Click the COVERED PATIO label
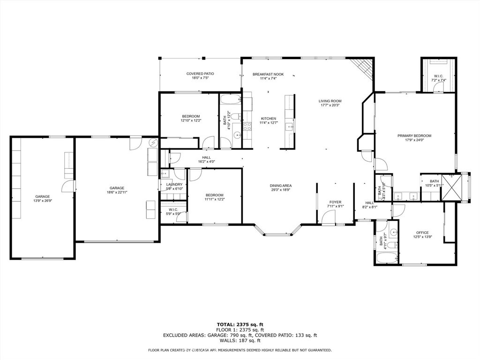(200, 74)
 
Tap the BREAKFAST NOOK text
(268, 74)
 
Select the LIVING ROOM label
(330, 101)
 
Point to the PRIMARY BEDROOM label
(414, 135)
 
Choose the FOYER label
(335, 202)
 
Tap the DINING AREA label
(281, 186)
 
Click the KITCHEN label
(269, 119)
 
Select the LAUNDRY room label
(174, 184)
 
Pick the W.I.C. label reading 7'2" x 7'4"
(439, 80)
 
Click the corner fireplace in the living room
(364, 68)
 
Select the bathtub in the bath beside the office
(387, 258)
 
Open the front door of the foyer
(329, 217)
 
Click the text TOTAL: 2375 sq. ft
(240, 324)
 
